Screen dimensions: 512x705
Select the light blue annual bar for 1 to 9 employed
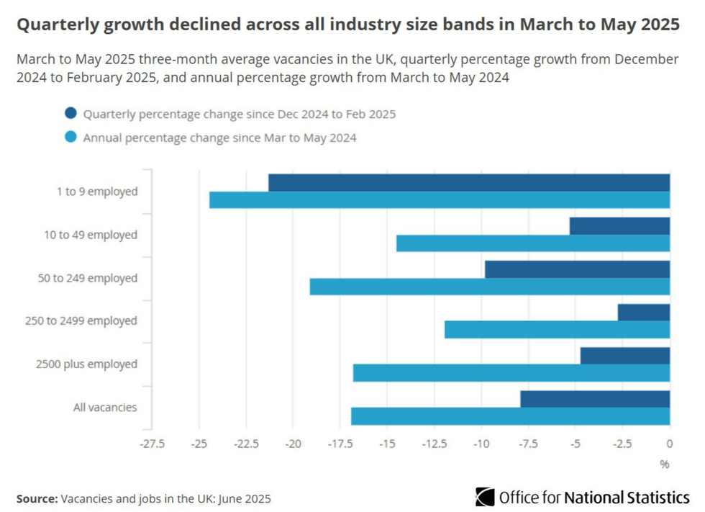(x=440, y=200)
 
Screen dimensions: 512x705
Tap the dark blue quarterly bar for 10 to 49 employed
(x=619, y=226)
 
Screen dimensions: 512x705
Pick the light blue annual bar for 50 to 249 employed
(x=490, y=287)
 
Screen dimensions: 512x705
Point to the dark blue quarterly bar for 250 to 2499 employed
(x=644, y=313)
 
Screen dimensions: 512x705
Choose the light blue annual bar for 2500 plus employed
(x=511, y=373)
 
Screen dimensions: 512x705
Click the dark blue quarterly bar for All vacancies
(x=595, y=399)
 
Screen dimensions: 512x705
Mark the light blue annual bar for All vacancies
(x=510, y=416)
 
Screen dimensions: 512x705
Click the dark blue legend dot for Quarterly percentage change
(x=70, y=113)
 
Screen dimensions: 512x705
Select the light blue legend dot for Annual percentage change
(x=70, y=137)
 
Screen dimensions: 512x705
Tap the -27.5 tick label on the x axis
(x=152, y=443)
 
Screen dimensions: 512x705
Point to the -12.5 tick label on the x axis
(x=434, y=443)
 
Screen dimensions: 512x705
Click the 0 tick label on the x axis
(x=670, y=443)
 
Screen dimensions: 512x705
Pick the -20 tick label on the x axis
(x=293, y=443)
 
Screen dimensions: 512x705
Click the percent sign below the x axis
(x=665, y=464)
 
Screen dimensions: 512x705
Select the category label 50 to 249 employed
(x=87, y=278)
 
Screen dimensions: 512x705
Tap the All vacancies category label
(x=104, y=408)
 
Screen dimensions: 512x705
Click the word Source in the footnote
(x=37, y=498)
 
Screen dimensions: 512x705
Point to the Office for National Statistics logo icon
(x=485, y=497)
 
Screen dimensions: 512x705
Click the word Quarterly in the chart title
(x=58, y=25)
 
